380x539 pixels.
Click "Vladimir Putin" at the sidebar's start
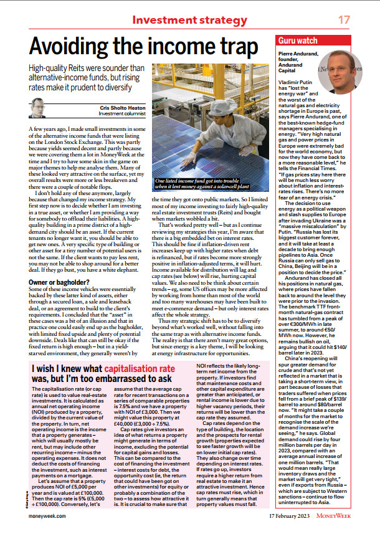pyautogui.click(x=298, y=82)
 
